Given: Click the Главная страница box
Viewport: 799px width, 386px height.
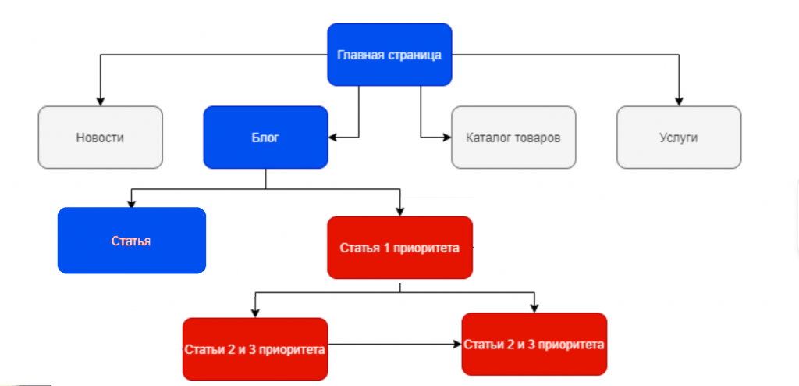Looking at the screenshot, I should pyautogui.click(x=389, y=55).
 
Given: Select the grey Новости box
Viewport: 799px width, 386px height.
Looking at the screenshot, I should pyautogui.click(x=100, y=138).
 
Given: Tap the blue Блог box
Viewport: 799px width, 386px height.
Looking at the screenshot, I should pyautogui.click(x=265, y=138).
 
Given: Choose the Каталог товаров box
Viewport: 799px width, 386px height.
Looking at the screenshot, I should pyautogui.click(x=513, y=138).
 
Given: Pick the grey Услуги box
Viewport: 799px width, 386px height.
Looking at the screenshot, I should pyautogui.click(x=678, y=138).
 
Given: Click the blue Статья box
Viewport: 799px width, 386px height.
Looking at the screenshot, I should pyautogui.click(x=131, y=241).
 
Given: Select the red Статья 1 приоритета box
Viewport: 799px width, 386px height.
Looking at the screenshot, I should pyautogui.click(x=399, y=248).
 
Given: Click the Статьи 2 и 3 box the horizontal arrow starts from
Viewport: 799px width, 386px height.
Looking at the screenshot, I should pyautogui.click(x=254, y=348).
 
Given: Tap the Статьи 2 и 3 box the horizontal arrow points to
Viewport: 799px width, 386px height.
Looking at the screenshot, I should pyautogui.click(x=534, y=345).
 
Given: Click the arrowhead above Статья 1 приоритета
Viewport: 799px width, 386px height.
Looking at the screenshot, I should pyautogui.click(x=399, y=211).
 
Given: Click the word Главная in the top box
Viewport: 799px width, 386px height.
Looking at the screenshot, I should pyautogui.click(x=359, y=55).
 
